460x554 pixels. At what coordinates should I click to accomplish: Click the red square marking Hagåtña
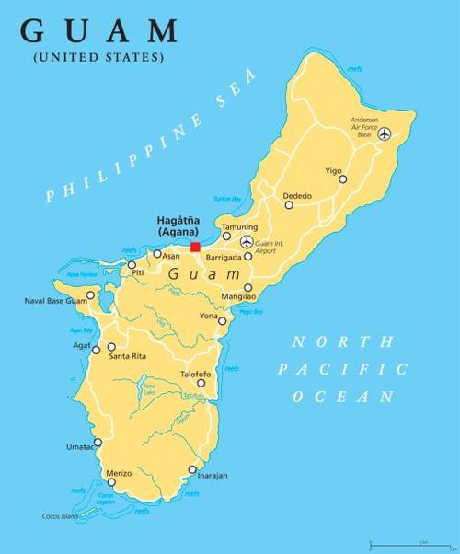195,247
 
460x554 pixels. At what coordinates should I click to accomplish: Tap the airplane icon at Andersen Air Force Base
385,133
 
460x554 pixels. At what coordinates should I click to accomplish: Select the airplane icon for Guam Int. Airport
246,242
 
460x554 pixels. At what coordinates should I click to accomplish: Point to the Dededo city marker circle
289,205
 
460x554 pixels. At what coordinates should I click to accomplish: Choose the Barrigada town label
222,258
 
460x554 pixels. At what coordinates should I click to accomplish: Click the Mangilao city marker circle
247,287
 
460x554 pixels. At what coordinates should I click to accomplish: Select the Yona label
209,316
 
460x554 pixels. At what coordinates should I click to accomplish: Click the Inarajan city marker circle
192,470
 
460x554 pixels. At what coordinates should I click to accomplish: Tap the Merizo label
119,473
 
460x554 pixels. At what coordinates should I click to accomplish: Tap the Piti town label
138,274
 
